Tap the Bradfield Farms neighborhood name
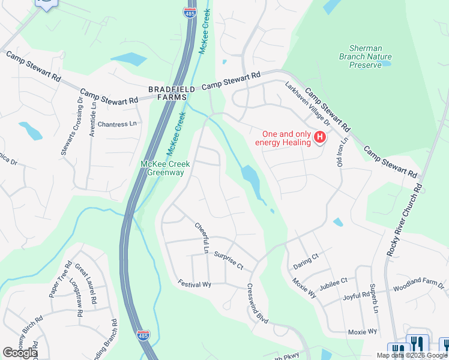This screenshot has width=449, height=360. coord(172,93)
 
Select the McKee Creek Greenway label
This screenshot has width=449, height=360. coord(166,169)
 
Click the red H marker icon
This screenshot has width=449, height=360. coord(320,137)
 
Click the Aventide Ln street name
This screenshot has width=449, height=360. coord(92,119)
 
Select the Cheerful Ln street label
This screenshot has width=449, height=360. coord(201,238)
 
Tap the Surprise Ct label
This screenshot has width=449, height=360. coord(229,260)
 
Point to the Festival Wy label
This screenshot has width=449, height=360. coord(194,283)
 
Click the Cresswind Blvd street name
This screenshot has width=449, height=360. coord(258,304)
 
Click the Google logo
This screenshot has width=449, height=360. coord(20,353)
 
